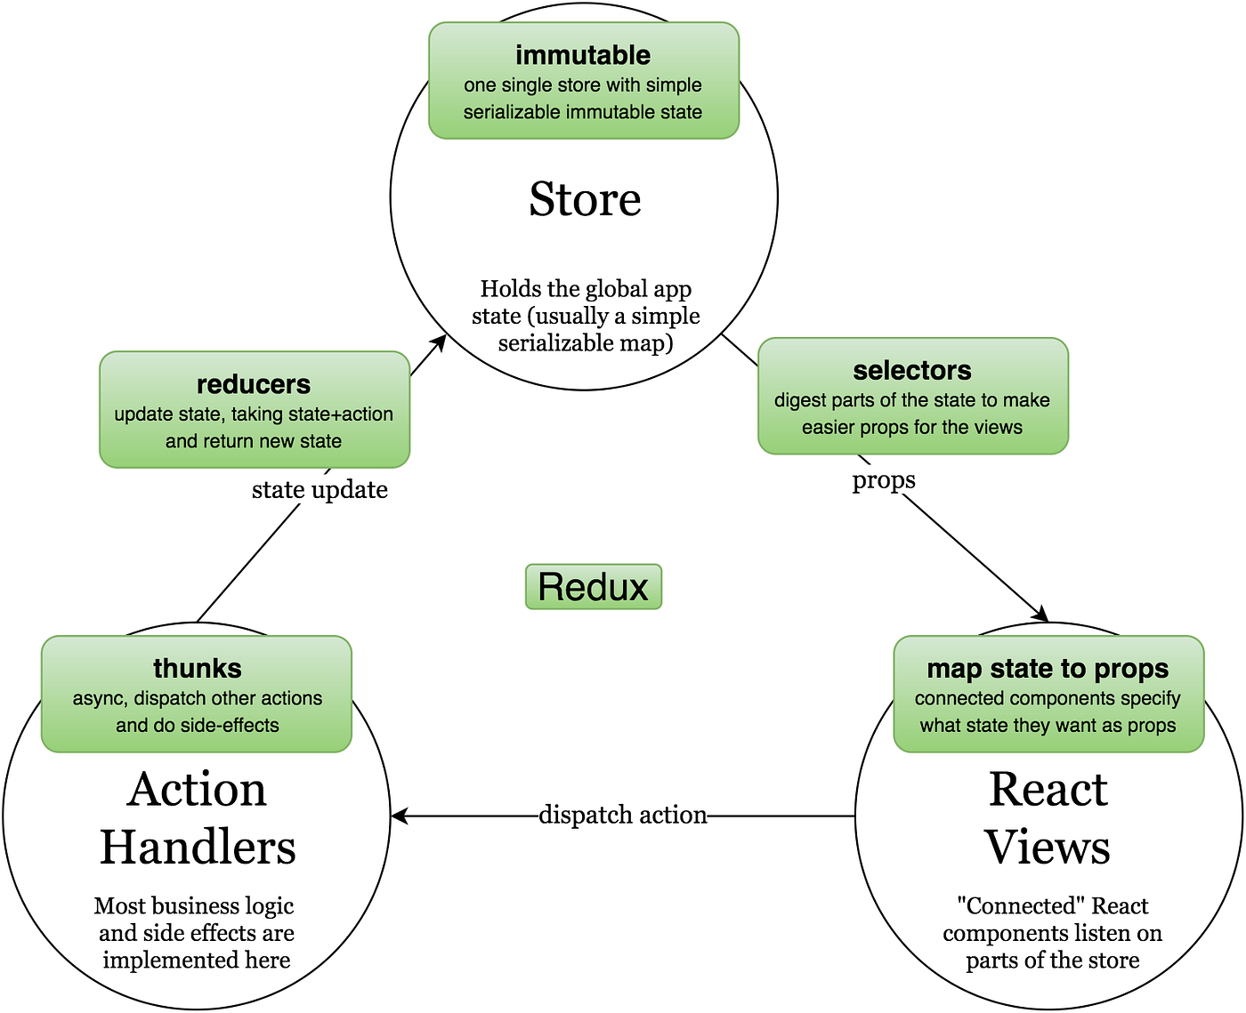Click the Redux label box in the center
594,587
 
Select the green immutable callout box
584,81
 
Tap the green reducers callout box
255,410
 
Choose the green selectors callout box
913,397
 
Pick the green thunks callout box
197,694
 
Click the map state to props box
1048,694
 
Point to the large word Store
585,199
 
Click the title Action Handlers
197,818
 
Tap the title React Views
1048,818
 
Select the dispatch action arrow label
623,815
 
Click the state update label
320,490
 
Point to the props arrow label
884,480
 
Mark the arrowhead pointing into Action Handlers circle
398,816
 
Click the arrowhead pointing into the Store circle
440,342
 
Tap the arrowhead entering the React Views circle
1041,615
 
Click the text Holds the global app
586,289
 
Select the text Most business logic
194,906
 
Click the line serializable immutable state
583,112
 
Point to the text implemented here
197,961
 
